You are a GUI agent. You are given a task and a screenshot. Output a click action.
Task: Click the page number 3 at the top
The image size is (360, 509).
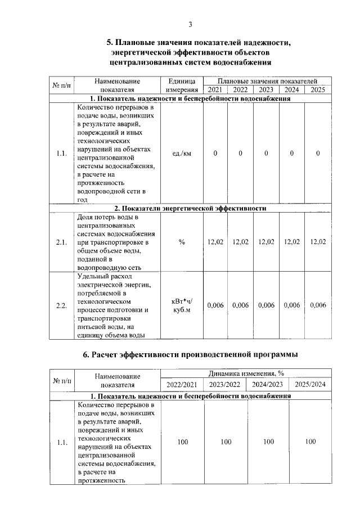(x=190, y=24)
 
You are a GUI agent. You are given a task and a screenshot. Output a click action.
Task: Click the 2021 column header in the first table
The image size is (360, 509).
(x=215, y=89)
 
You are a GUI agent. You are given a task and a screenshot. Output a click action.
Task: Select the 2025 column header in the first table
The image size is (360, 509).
(x=318, y=89)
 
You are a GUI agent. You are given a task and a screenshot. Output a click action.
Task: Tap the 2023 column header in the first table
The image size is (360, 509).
(x=266, y=89)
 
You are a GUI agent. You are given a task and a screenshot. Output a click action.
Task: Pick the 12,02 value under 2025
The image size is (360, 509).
(x=318, y=242)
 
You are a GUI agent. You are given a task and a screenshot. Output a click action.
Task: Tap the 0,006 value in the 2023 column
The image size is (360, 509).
(x=266, y=305)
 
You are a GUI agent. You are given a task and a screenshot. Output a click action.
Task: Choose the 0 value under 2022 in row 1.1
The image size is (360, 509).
(x=240, y=154)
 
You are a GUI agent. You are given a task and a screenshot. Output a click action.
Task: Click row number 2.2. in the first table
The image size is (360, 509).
(x=62, y=305)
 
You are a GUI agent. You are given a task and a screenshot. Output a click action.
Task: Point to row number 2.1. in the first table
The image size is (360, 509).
(x=62, y=242)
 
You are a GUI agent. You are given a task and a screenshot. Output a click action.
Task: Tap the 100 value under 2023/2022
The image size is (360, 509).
(x=226, y=442)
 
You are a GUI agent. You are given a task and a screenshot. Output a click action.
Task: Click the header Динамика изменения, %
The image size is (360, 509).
(x=246, y=373)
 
